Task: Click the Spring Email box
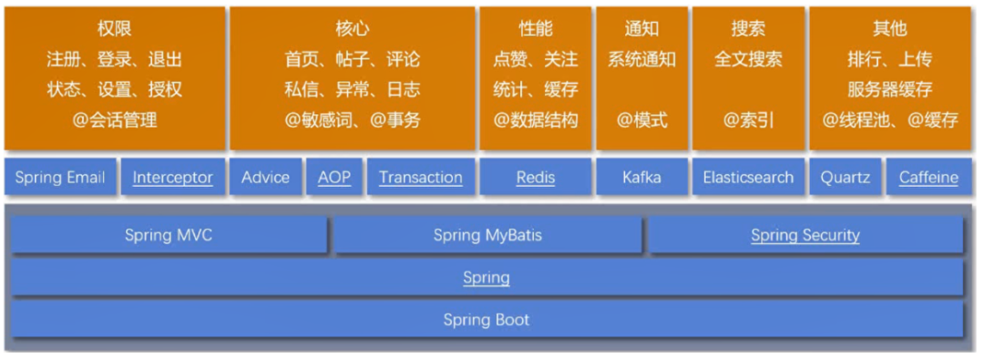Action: tap(60, 177)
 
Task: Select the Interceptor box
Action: tap(172, 177)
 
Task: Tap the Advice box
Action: tap(265, 177)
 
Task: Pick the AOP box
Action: tap(333, 177)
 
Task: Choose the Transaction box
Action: tap(421, 177)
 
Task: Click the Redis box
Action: tap(536, 177)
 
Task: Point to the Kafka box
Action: tap(641, 177)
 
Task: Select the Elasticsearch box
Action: tap(748, 177)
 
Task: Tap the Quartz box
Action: tap(846, 177)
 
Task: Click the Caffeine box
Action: tap(928, 177)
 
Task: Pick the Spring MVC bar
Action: tap(169, 236)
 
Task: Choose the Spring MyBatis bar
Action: tap(487, 236)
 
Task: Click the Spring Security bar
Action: tap(805, 236)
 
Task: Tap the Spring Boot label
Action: tap(487, 319)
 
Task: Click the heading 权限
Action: tap(114, 29)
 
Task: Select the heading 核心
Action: tap(352, 29)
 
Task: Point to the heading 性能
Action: tap(536, 29)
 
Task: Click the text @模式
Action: tap(641, 119)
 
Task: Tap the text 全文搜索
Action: tap(748, 59)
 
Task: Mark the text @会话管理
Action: tap(114, 119)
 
